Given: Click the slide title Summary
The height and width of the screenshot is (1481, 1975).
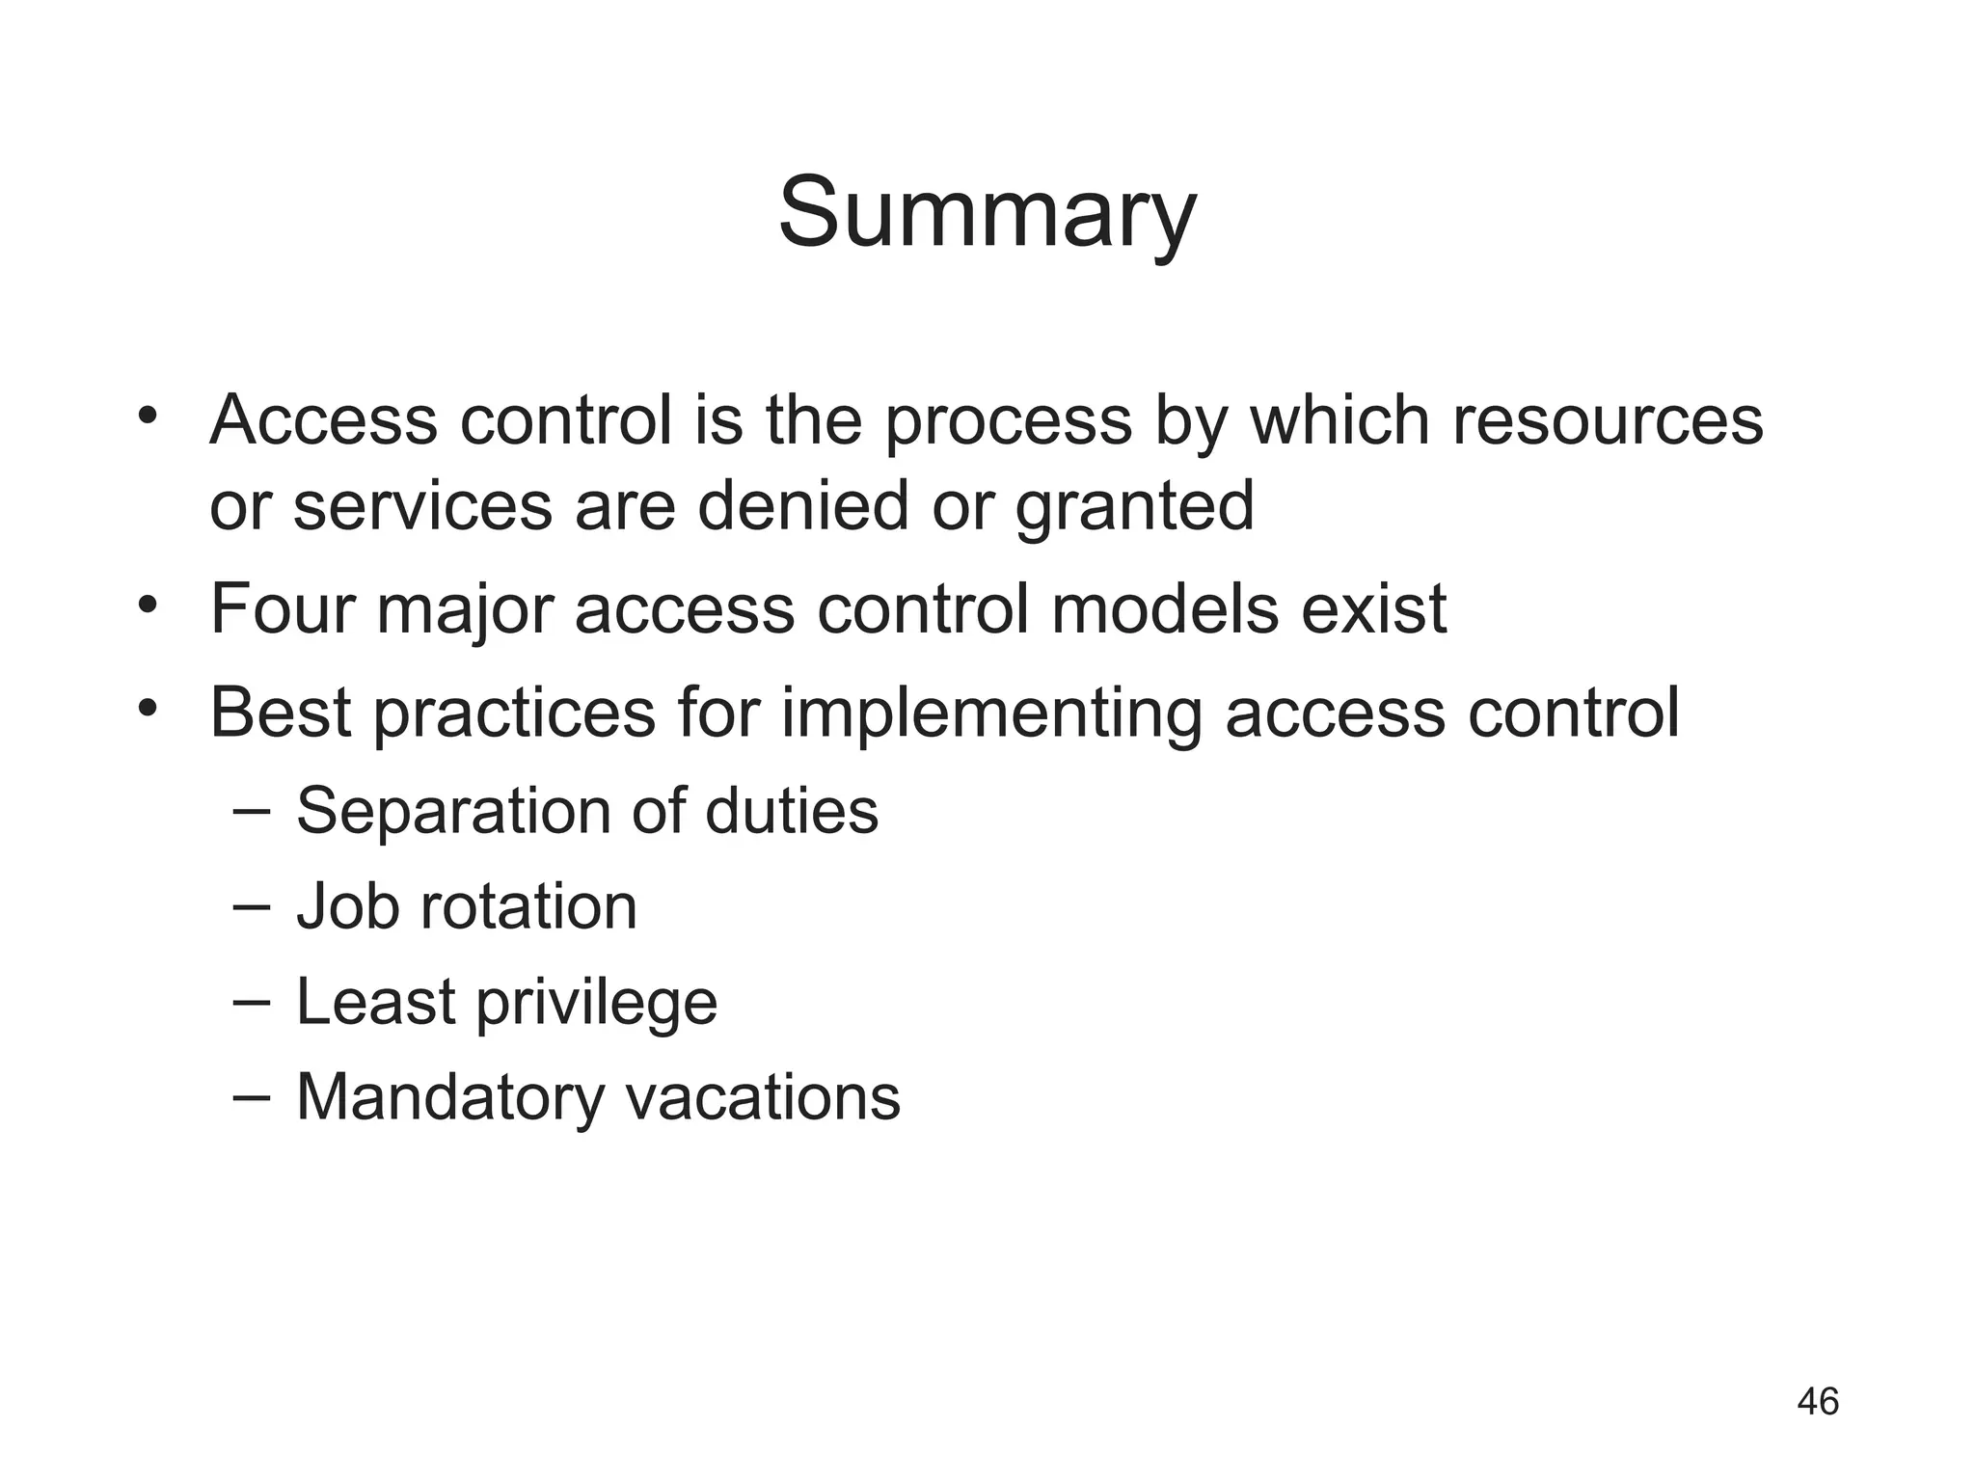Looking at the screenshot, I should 987,213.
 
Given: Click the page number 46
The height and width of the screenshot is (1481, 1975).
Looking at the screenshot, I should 1818,1401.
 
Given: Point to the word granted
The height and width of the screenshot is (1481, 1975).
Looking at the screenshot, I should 1134,507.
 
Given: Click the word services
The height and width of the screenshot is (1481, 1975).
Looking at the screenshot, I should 422,507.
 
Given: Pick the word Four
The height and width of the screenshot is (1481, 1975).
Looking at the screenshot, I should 282,609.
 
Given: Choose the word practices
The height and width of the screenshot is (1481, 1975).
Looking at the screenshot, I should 514,714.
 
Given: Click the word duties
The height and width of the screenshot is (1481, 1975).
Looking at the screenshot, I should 792,810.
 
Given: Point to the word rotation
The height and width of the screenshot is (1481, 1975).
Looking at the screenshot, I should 528,906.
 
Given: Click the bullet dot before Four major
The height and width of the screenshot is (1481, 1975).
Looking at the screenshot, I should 147,606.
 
